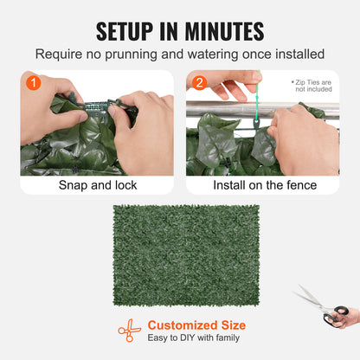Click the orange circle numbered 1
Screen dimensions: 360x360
coord(32,84)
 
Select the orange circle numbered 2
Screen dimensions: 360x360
coord(199,84)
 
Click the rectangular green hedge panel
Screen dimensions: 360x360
coord(186,254)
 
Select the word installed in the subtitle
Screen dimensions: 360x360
coord(296,55)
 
